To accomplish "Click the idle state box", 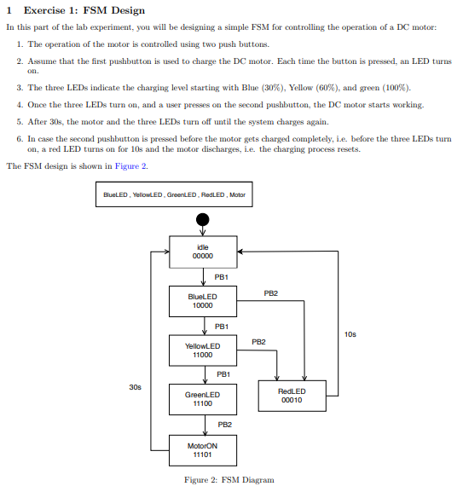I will pyautogui.click(x=203, y=252).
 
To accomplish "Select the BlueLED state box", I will pyautogui.click(x=203, y=300).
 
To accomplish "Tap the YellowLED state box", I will pyautogui.click(x=203, y=350).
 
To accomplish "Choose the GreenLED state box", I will pyautogui.click(x=203, y=398).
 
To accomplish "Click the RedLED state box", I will pyautogui.click(x=292, y=395).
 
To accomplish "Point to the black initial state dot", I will pyautogui.click(x=202, y=220).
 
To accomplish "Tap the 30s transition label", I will pyautogui.click(x=135, y=386).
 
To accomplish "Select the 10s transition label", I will pyautogui.click(x=350, y=333).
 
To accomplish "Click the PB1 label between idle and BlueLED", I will pyautogui.click(x=221, y=277).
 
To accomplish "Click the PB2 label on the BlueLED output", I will pyautogui.click(x=270, y=292).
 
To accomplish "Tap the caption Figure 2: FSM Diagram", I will pyautogui.click(x=229, y=480).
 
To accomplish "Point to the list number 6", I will pyautogui.click(x=19, y=136).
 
